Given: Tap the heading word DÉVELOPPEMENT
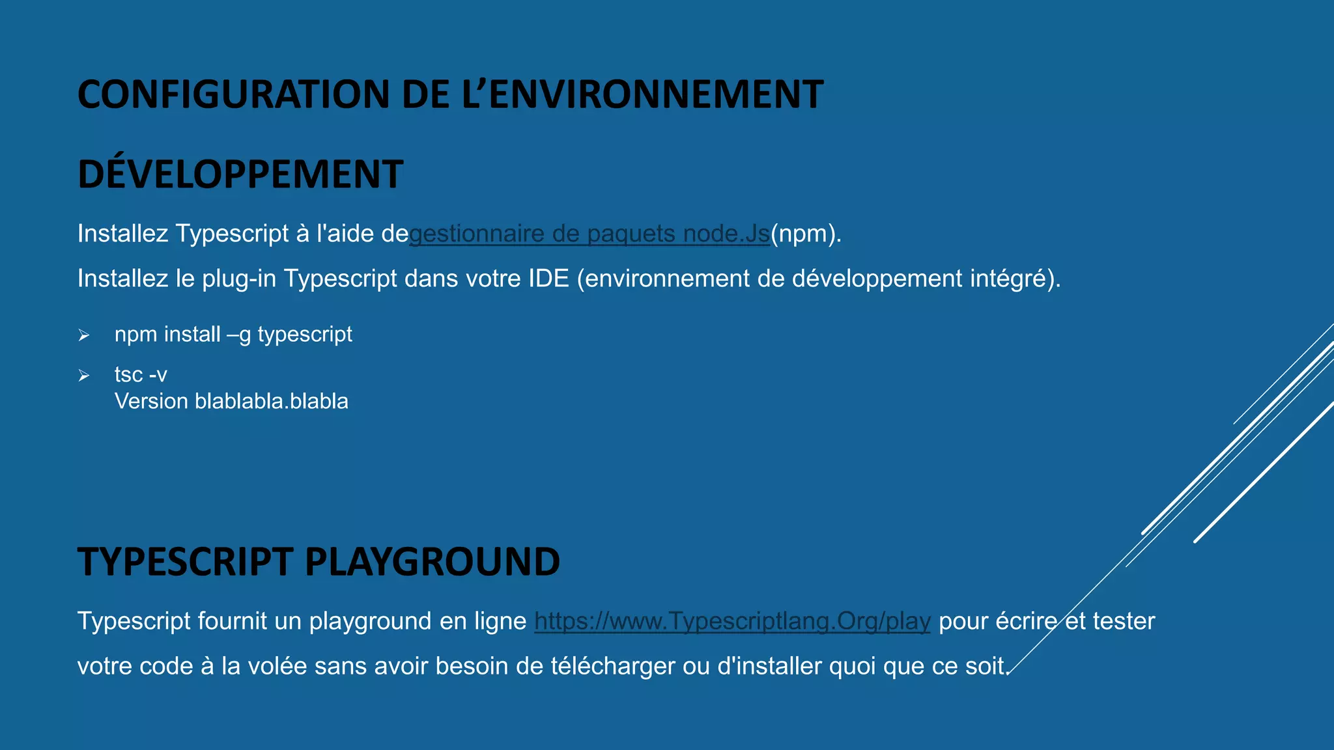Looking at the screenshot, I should click(x=240, y=174).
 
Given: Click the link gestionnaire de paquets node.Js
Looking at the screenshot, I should click(x=589, y=234).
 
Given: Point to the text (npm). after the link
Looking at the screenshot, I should click(x=806, y=234).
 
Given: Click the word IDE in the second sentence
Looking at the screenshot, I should click(x=548, y=279).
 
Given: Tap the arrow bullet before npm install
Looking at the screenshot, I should click(x=84, y=335).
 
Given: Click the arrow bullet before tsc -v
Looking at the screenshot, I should click(x=84, y=376).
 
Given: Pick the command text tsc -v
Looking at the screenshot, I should click(x=141, y=375).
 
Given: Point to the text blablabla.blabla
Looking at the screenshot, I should click(x=271, y=401).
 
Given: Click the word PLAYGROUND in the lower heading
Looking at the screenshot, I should click(x=432, y=562).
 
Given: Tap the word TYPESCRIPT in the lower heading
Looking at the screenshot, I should click(x=184, y=562).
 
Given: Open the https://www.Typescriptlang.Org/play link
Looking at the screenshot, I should click(x=732, y=621).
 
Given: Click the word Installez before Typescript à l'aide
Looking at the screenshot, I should click(x=122, y=234).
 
